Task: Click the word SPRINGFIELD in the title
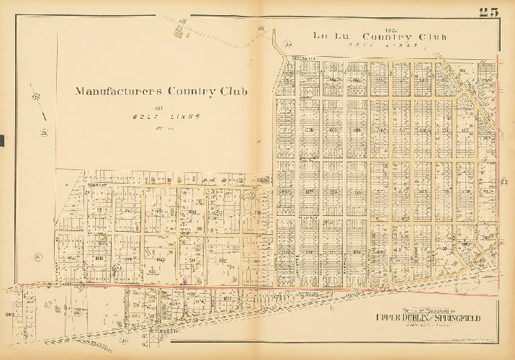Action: [457, 318]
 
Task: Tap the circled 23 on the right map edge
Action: [504, 181]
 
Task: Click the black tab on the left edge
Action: [2, 141]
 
